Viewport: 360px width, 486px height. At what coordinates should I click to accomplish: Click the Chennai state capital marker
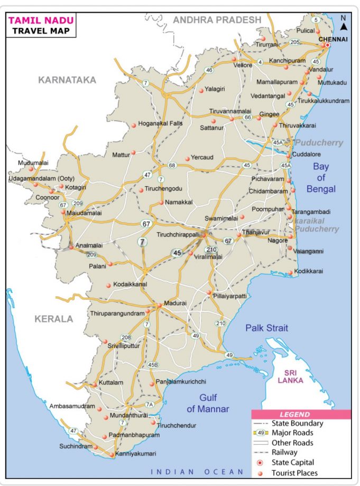tap(328, 45)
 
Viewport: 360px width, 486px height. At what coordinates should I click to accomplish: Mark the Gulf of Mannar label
tap(208, 403)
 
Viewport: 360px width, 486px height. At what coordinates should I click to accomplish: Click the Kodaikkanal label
tap(130, 285)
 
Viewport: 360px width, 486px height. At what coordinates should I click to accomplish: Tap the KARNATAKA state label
tap(67, 80)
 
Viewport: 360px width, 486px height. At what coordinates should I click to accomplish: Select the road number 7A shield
tap(150, 405)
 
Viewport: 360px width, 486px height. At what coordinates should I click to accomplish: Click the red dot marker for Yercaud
tap(187, 159)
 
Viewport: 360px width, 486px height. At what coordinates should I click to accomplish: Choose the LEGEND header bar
tap(301, 415)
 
